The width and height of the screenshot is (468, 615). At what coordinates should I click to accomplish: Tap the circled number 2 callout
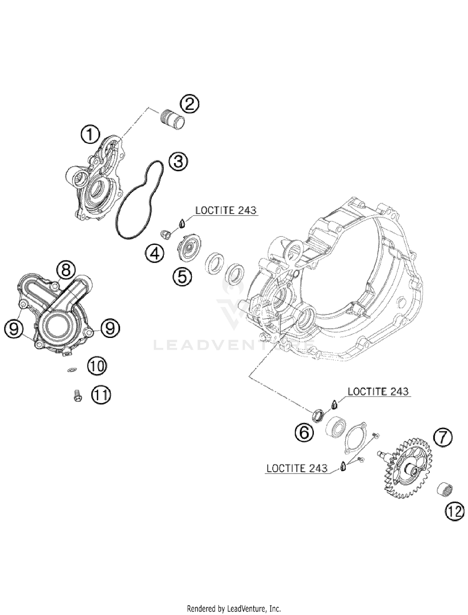[189, 104]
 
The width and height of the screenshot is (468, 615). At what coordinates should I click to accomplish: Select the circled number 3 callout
[178, 162]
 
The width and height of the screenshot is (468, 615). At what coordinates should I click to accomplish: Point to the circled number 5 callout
[182, 276]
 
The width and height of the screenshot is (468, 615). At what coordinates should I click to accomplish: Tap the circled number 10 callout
[97, 366]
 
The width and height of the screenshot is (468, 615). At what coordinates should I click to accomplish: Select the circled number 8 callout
[66, 270]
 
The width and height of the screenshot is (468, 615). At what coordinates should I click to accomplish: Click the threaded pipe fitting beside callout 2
[172, 120]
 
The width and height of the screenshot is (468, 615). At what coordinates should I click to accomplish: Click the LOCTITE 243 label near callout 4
[226, 210]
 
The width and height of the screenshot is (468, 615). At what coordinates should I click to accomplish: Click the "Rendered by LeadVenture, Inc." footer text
[234, 608]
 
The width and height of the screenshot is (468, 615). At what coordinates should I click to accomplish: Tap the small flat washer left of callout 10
[72, 370]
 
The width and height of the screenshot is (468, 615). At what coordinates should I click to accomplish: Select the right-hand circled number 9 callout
[110, 328]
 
